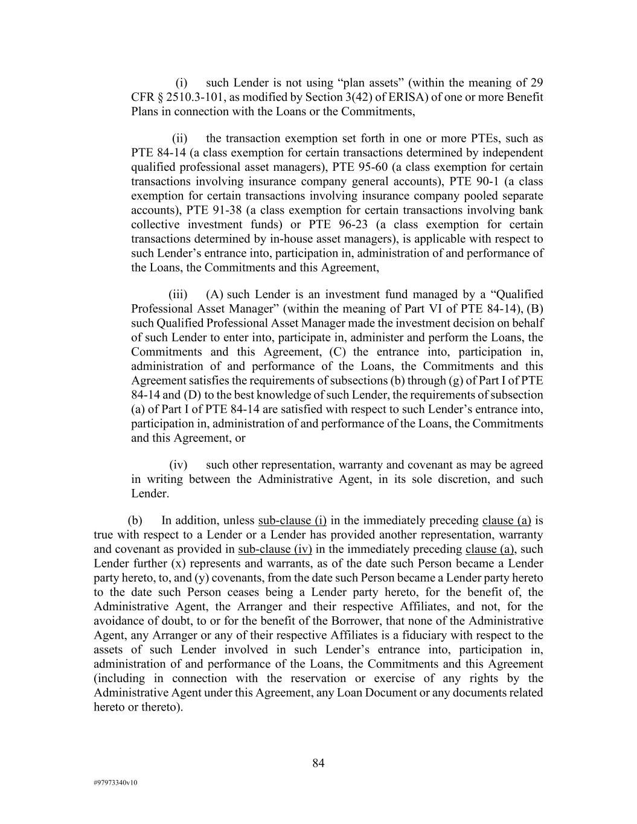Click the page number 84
pos(318,763)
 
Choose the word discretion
pos(454,479)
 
